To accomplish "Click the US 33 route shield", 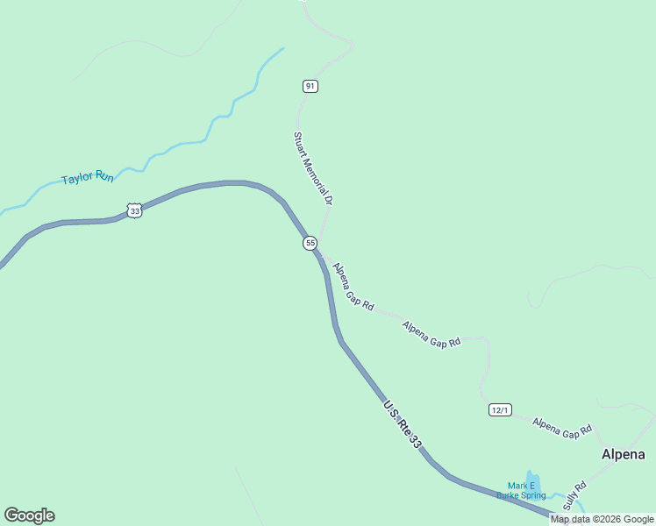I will [x=133, y=210].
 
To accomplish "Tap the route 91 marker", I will [x=310, y=86].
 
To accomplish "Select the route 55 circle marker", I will [x=310, y=243].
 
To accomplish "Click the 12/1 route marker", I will [x=500, y=409].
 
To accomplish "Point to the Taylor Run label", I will [x=88, y=178].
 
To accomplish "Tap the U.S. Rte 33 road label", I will [x=403, y=425].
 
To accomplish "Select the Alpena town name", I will [x=623, y=454].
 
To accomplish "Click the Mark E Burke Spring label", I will [x=520, y=491].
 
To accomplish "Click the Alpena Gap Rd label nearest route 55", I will [x=353, y=288].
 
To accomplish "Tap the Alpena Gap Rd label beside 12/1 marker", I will [x=562, y=428].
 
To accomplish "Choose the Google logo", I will [x=30, y=515].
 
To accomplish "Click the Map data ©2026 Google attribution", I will [x=602, y=519].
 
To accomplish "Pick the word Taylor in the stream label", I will [x=76, y=180].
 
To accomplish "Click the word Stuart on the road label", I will [x=300, y=141].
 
